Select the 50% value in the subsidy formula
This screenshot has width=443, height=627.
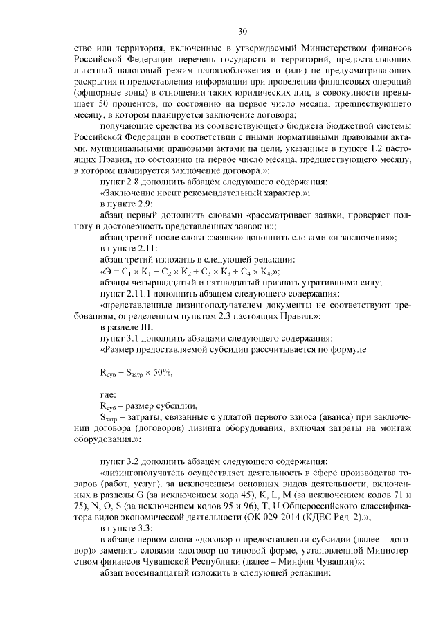pos(158,372)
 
